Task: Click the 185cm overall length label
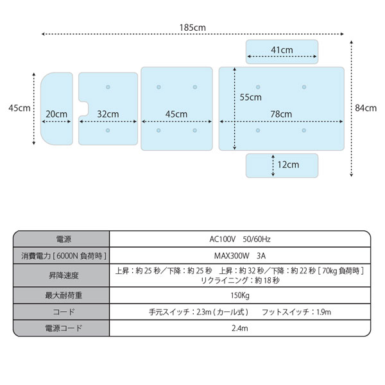[x=193, y=28]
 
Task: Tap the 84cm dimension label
[x=366, y=108]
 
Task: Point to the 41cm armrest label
[x=282, y=50]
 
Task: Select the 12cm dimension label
[x=288, y=165]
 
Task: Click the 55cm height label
[x=250, y=98]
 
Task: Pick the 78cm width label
[x=281, y=114]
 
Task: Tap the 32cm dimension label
[x=108, y=114]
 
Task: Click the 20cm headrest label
[x=56, y=114]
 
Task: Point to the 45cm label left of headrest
[x=19, y=108]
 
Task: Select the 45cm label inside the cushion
[x=176, y=114]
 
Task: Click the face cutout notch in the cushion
[x=83, y=109]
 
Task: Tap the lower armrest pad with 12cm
[x=282, y=166]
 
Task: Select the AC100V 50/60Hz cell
[x=240, y=239]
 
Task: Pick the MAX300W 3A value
[x=240, y=256]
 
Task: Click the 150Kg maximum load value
[x=240, y=295]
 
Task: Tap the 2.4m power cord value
[x=240, y=329]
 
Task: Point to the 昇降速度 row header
[x=64, y=275]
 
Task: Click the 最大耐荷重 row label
[x=64, y=295]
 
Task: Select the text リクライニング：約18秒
[x=240, y=280]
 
